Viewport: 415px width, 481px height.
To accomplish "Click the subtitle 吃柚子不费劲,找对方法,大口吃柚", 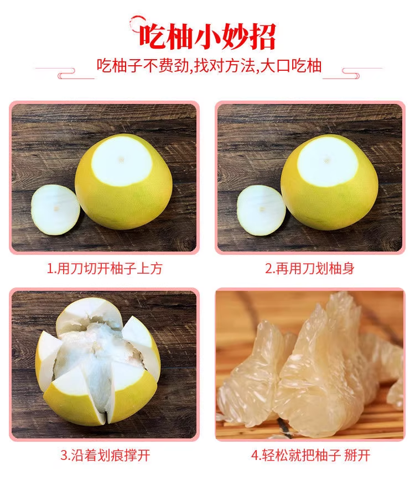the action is click(x=209, y=66).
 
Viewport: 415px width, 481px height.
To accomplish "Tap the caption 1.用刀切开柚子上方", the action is click(x=105, y=268).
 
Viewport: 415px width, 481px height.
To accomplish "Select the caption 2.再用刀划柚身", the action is click(x=310, y=268).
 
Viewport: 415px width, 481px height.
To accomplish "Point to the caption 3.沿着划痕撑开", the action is click(x=105, y=455).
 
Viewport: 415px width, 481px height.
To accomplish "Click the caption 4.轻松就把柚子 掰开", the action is click(x=310, y=455).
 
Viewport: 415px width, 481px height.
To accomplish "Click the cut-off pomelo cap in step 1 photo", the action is click(x=55, y=210).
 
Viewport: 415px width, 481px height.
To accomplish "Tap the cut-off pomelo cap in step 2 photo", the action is click(x=261, y=210).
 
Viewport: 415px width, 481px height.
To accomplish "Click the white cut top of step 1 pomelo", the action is click(x=122, y=161).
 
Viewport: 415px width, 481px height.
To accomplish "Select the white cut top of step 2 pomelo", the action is click(x=328, y=161).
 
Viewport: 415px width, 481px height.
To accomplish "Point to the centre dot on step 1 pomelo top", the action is click(x=122, y=160).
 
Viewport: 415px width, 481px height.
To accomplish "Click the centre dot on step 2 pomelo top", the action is click(x=327, y=160).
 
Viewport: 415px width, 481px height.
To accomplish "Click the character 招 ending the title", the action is click(x=263, y=37).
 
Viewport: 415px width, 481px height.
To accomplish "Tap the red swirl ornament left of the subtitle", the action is click(x=65, y=73).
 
